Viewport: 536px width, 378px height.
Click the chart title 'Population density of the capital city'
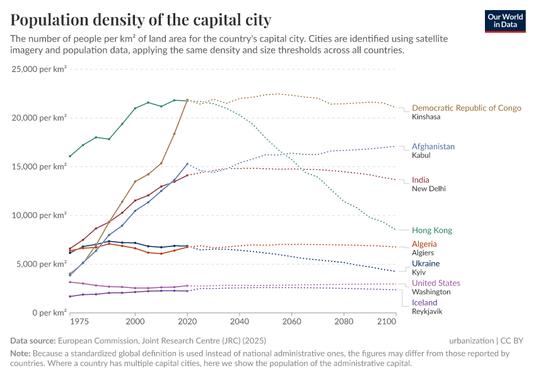141,20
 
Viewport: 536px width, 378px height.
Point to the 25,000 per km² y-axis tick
39,69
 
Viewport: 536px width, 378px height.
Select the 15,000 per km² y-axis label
39,166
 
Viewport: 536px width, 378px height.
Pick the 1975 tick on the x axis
79,322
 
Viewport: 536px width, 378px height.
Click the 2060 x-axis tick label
291,322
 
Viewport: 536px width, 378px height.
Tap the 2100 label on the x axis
387,322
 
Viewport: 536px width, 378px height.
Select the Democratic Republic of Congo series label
466,108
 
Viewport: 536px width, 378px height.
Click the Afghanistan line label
433,146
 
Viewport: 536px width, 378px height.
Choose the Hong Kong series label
431,231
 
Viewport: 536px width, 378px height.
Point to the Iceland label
424,302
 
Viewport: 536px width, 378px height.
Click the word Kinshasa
426,117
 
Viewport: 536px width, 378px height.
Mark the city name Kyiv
419,272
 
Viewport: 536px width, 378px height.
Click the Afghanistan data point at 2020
187,164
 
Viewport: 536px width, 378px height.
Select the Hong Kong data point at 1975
70,156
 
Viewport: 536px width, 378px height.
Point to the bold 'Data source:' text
33,341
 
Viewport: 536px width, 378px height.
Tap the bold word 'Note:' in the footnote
21,353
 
